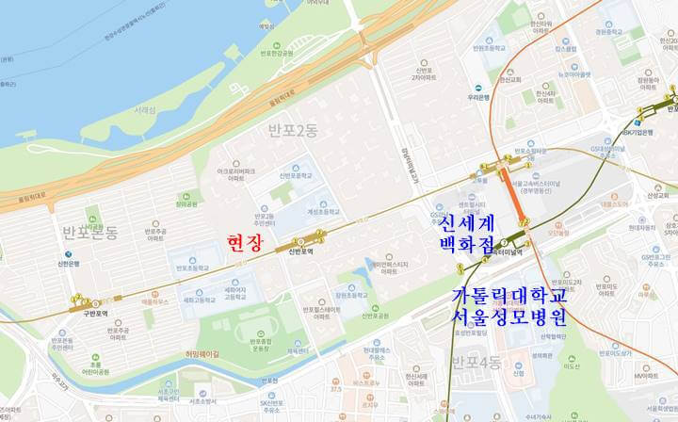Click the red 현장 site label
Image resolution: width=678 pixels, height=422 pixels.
point(245,243)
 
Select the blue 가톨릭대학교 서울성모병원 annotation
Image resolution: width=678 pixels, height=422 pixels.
point(508,306)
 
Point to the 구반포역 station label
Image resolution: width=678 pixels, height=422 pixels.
point(95,314)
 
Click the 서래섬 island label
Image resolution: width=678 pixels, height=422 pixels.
point(144,110)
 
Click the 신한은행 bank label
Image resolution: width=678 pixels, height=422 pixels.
point(16,264)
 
